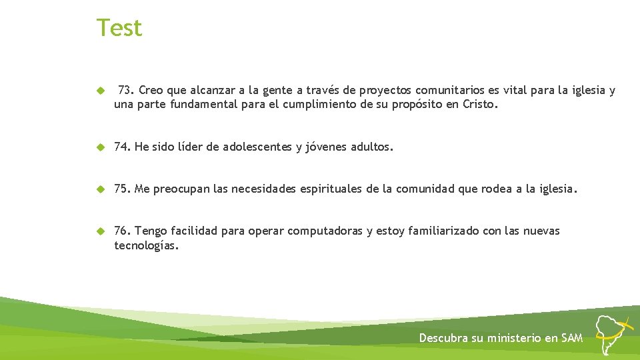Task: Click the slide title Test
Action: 119,28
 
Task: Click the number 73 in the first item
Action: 125,90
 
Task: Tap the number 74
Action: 121,147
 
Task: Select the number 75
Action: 121,189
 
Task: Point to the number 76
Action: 121,231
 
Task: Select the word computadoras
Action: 324,231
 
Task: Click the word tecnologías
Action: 146,245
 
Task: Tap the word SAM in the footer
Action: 572,338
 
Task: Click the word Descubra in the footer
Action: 443,338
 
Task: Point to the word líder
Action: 190,147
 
